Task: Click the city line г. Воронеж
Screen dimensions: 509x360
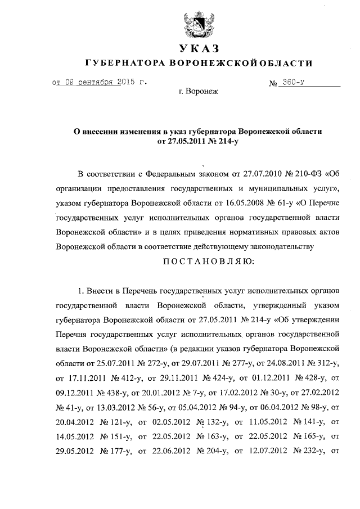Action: tap(197, 91)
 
